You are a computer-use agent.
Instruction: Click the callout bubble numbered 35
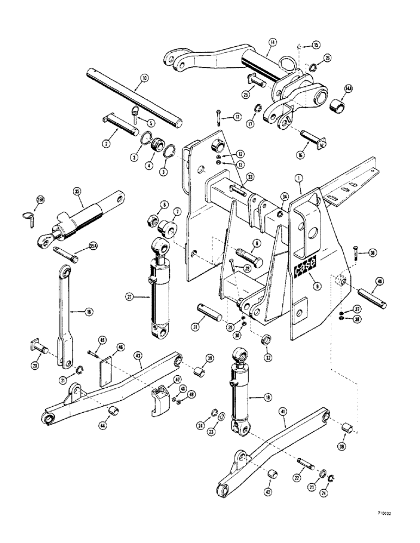75,191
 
